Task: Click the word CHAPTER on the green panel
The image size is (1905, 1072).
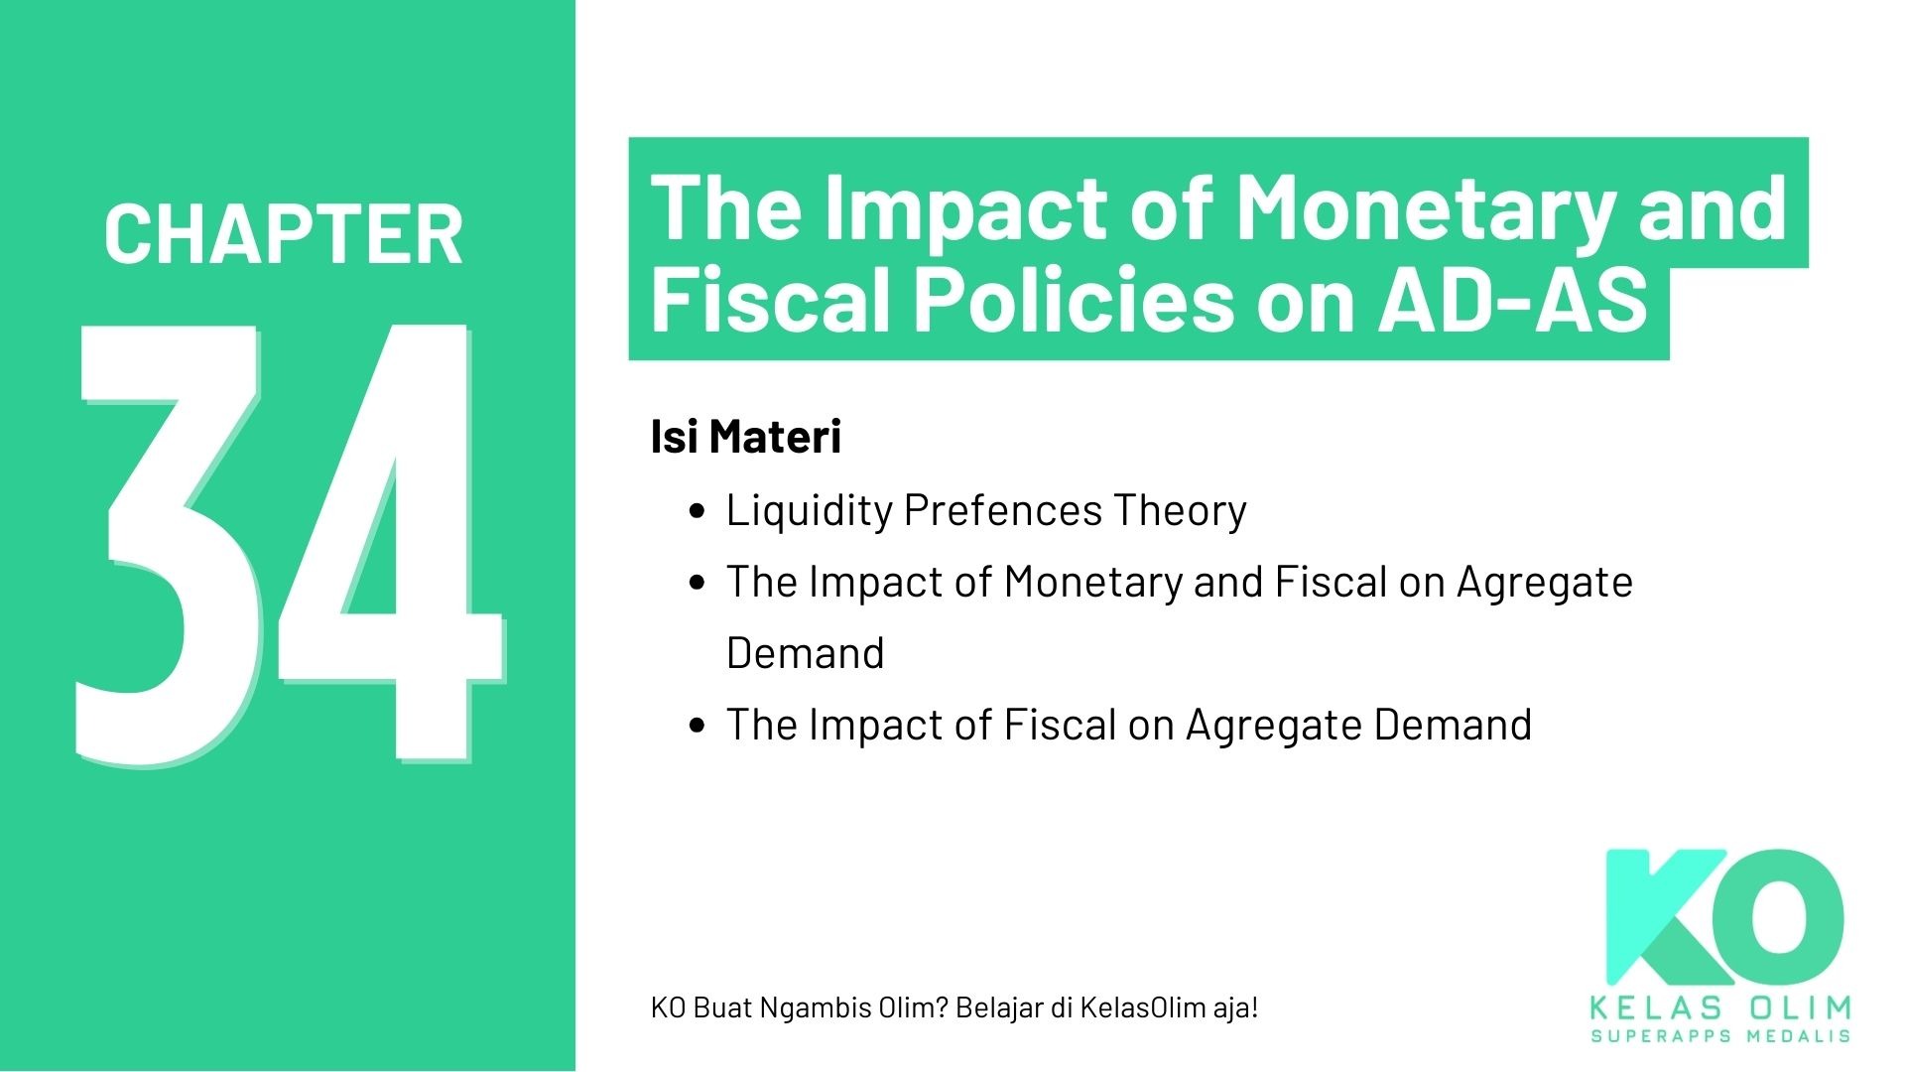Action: [283, 234]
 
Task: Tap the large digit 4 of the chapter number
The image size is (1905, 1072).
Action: [387, 546]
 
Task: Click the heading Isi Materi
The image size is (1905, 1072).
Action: [745, 437]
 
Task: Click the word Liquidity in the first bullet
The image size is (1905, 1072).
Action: [809, 510]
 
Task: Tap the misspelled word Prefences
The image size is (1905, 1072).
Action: [1002, 510]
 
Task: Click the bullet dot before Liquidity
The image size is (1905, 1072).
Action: [698, 512]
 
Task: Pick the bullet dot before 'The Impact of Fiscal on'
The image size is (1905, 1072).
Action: [698, 727]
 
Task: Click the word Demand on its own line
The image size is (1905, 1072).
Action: [805, 653]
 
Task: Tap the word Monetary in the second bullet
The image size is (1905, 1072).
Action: [1092, 582]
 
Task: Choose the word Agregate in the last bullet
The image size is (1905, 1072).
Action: [1273, 725]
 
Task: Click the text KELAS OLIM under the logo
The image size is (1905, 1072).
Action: [1720, 1008]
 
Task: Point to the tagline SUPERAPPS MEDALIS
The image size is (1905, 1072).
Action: [1720, 1036]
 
